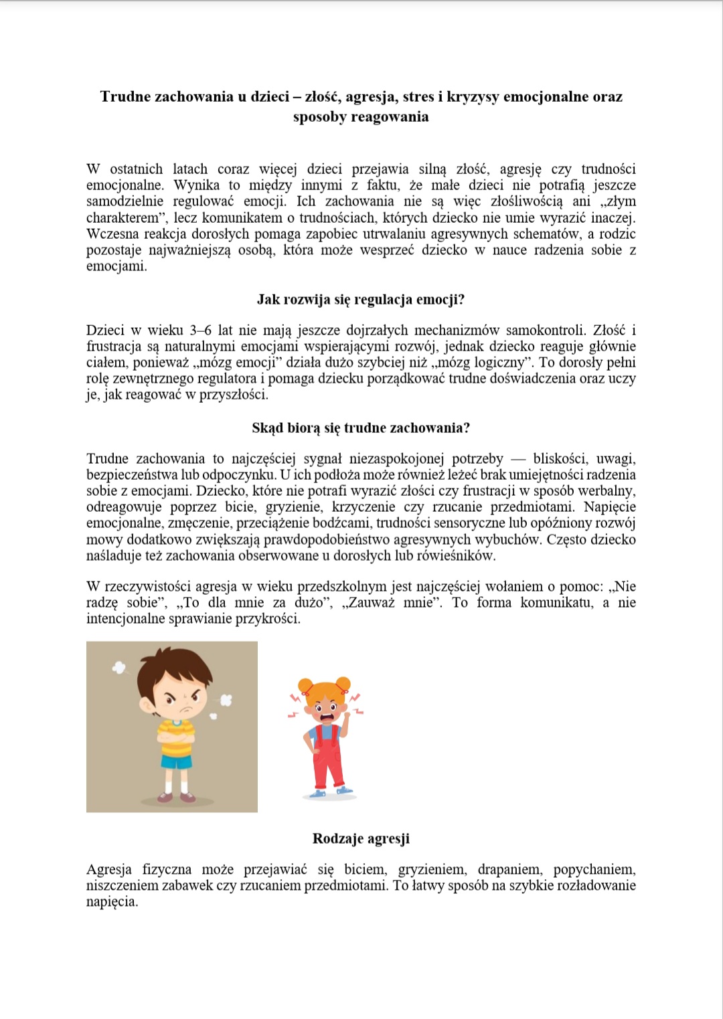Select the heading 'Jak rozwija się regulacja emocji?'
[x=361, y=299]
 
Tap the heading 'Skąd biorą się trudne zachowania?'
[x=361, y=428]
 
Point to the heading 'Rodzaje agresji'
[x=361, y=838]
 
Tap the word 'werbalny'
[x=607, y=490]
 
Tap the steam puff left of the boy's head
[x=119, y=667]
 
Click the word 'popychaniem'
[x=594, y=869]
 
